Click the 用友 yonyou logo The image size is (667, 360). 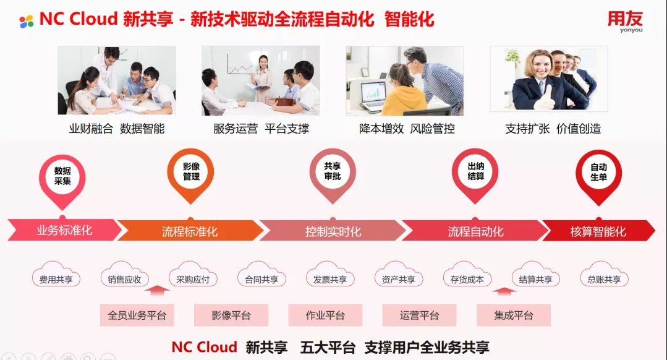[x=625, y=21]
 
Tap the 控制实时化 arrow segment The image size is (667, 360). [x=333, y=231]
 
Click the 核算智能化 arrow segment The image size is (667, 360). [x=598, y=231]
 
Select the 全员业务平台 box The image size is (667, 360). [x=137, y=315]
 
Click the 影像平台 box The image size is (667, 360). [x=231, y=315]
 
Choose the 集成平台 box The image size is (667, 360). [x=514, y=315]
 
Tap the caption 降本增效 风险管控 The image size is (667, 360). [x=407, y=129]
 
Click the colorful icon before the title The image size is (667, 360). [x=27, y=21]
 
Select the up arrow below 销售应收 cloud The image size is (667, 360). [x=157, y=290]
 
